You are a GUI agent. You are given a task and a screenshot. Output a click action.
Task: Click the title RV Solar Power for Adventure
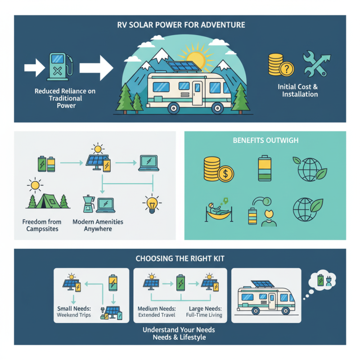coord(180,25)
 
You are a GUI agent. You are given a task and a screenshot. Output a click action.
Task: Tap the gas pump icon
coord(59,68)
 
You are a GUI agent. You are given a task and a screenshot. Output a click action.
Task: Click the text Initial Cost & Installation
coord(300,90)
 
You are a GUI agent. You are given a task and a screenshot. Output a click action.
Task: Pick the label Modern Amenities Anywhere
coord(97,225)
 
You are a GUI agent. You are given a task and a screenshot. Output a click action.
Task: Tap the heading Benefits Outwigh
coord(265,140)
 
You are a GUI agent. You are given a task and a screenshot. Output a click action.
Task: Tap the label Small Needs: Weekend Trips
coord(74,311)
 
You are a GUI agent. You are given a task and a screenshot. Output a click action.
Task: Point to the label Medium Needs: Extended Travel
coord(157,311)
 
